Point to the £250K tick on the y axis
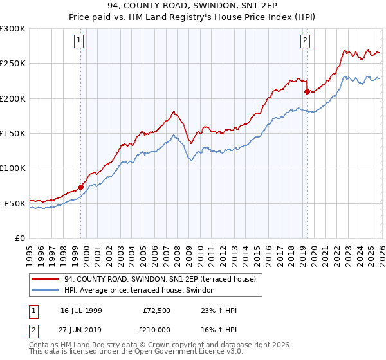(12, 64)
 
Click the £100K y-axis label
(12, 168)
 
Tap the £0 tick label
(19, 238)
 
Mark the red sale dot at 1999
(80, 188)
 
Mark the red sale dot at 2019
(306, 91)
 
